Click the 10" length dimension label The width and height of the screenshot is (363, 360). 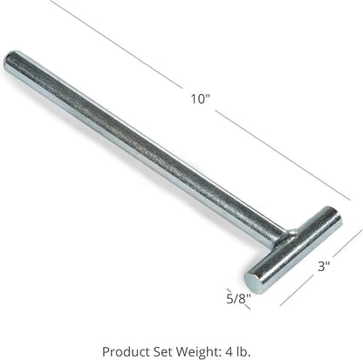[x=200, y=98]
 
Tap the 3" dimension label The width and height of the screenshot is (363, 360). [x=324, y=266]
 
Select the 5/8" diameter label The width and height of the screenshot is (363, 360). [x=238, y=298]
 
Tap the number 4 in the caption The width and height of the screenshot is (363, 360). [x=228, y=351]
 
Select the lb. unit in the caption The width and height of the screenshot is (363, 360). [x=243, y=351]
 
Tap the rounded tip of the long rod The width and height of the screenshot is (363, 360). [x=10, y=60]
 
